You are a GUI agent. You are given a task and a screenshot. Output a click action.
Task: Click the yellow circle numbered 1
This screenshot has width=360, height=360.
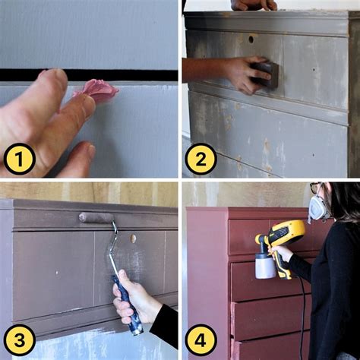20,159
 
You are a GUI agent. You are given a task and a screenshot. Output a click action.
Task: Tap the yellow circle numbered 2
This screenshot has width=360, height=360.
201,159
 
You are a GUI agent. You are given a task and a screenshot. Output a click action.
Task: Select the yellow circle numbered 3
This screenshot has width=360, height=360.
20,340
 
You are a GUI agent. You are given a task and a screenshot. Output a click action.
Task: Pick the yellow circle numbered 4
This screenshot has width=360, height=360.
201,340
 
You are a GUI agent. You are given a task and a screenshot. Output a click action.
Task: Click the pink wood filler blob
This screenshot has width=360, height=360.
96,90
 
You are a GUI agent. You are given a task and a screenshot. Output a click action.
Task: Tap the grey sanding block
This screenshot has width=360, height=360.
265,74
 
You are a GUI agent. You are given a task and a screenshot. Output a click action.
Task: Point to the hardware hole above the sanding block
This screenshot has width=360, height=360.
251,39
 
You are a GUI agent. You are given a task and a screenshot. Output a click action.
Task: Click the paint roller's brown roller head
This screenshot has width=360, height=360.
96,218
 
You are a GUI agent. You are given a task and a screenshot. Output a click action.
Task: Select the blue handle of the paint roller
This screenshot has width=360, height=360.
128,305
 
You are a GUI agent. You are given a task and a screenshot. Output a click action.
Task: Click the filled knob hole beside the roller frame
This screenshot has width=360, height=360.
133,238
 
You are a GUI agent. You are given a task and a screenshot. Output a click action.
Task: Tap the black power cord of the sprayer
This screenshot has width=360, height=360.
302,317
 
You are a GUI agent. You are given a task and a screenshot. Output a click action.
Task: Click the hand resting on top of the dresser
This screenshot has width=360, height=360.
254,5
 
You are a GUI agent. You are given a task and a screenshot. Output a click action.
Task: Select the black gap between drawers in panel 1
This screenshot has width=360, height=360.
89,75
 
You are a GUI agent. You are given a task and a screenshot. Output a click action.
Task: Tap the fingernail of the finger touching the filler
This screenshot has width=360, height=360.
89,101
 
